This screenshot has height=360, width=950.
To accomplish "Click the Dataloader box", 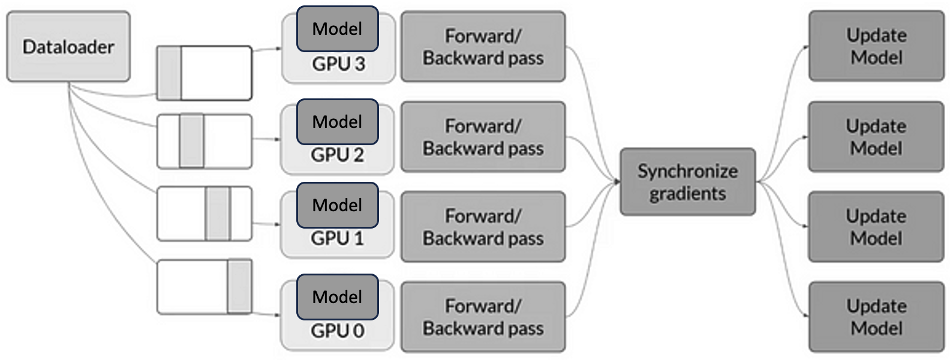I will (x=68, y=47).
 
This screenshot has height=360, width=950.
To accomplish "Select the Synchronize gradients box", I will (x=687, y=182).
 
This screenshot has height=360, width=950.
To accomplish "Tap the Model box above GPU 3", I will (x=338, y=28).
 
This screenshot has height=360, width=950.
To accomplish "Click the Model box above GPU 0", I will (x=338, y=296).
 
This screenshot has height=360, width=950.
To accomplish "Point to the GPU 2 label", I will (x=337, y=155).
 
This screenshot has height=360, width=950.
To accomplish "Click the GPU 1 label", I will (x=337, y=239).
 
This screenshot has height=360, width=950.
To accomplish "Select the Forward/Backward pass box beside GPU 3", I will (x=483, y=47).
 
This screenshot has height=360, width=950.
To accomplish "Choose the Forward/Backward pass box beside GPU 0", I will (x=483, y=317).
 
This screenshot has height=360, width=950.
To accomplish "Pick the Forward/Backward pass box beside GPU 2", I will (x=483, y=137).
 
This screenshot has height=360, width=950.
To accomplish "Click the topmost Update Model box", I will (x=876, y=46).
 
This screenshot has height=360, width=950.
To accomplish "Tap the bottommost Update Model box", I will (x=876, y=317).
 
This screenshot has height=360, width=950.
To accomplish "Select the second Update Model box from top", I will (x=876, y=137).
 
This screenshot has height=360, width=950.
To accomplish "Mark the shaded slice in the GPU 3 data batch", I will (x=169, y=73).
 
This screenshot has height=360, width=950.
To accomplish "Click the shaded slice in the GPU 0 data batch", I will (x=239, y=286).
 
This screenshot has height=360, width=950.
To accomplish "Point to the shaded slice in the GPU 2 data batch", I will (x=191, y=142).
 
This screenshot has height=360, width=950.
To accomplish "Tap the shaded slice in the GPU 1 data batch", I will (x=217, y=214).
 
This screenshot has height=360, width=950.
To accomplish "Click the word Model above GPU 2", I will (x=338, y=122).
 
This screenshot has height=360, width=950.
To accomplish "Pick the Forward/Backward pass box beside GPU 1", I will (x=483, y=227).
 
